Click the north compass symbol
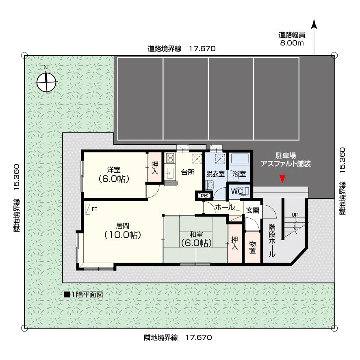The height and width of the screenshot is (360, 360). pyautogui.click(x=46, y=82)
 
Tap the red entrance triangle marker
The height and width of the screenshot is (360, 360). pyautogui.click(x=282, y=179)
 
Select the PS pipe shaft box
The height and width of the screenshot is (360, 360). pyautogui.click(x=204, y=196)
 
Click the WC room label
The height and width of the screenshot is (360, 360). pyautogui.click(x=236, y=191)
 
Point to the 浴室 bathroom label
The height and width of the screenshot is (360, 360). pyautogui.click(x=239, y=174)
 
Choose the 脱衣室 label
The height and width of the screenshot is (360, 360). pyautogui.click(x=215, y=174)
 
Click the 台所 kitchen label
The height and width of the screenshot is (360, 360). pyautogui.click(x=188, y=172)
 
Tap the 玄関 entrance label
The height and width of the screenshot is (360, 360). pyautogui.click(x=253, y=210)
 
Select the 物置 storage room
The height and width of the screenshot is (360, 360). pyautogui.click(x=252, y=247)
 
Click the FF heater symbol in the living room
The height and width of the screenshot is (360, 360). pyautogui.click(x=88, y=209)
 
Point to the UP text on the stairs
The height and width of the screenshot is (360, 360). pyautogui.click(x=295, y=215)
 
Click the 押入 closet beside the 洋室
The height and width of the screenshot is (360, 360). pyautogui.click(x=154, y=167)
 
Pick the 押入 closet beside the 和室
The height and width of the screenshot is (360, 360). pyautogui.click(x=234, y=243)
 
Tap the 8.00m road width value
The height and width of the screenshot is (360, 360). pyautogui.click(x=292, y=43)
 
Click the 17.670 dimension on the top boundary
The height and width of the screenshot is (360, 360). pyautogui.click(x=202, y=49)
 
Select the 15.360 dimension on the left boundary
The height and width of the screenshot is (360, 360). pyautogui.click(x=16, y=177)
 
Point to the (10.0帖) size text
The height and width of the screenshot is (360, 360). pyautogui.click(x=123, y=235)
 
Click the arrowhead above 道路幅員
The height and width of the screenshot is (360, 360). pyautogui.click(x=314, y=24)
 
